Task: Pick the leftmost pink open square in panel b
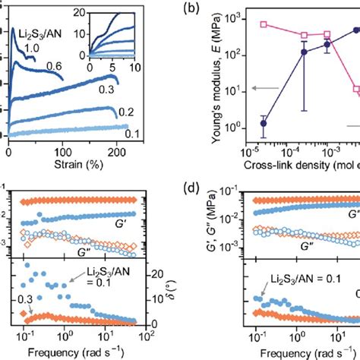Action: point(264,24)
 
